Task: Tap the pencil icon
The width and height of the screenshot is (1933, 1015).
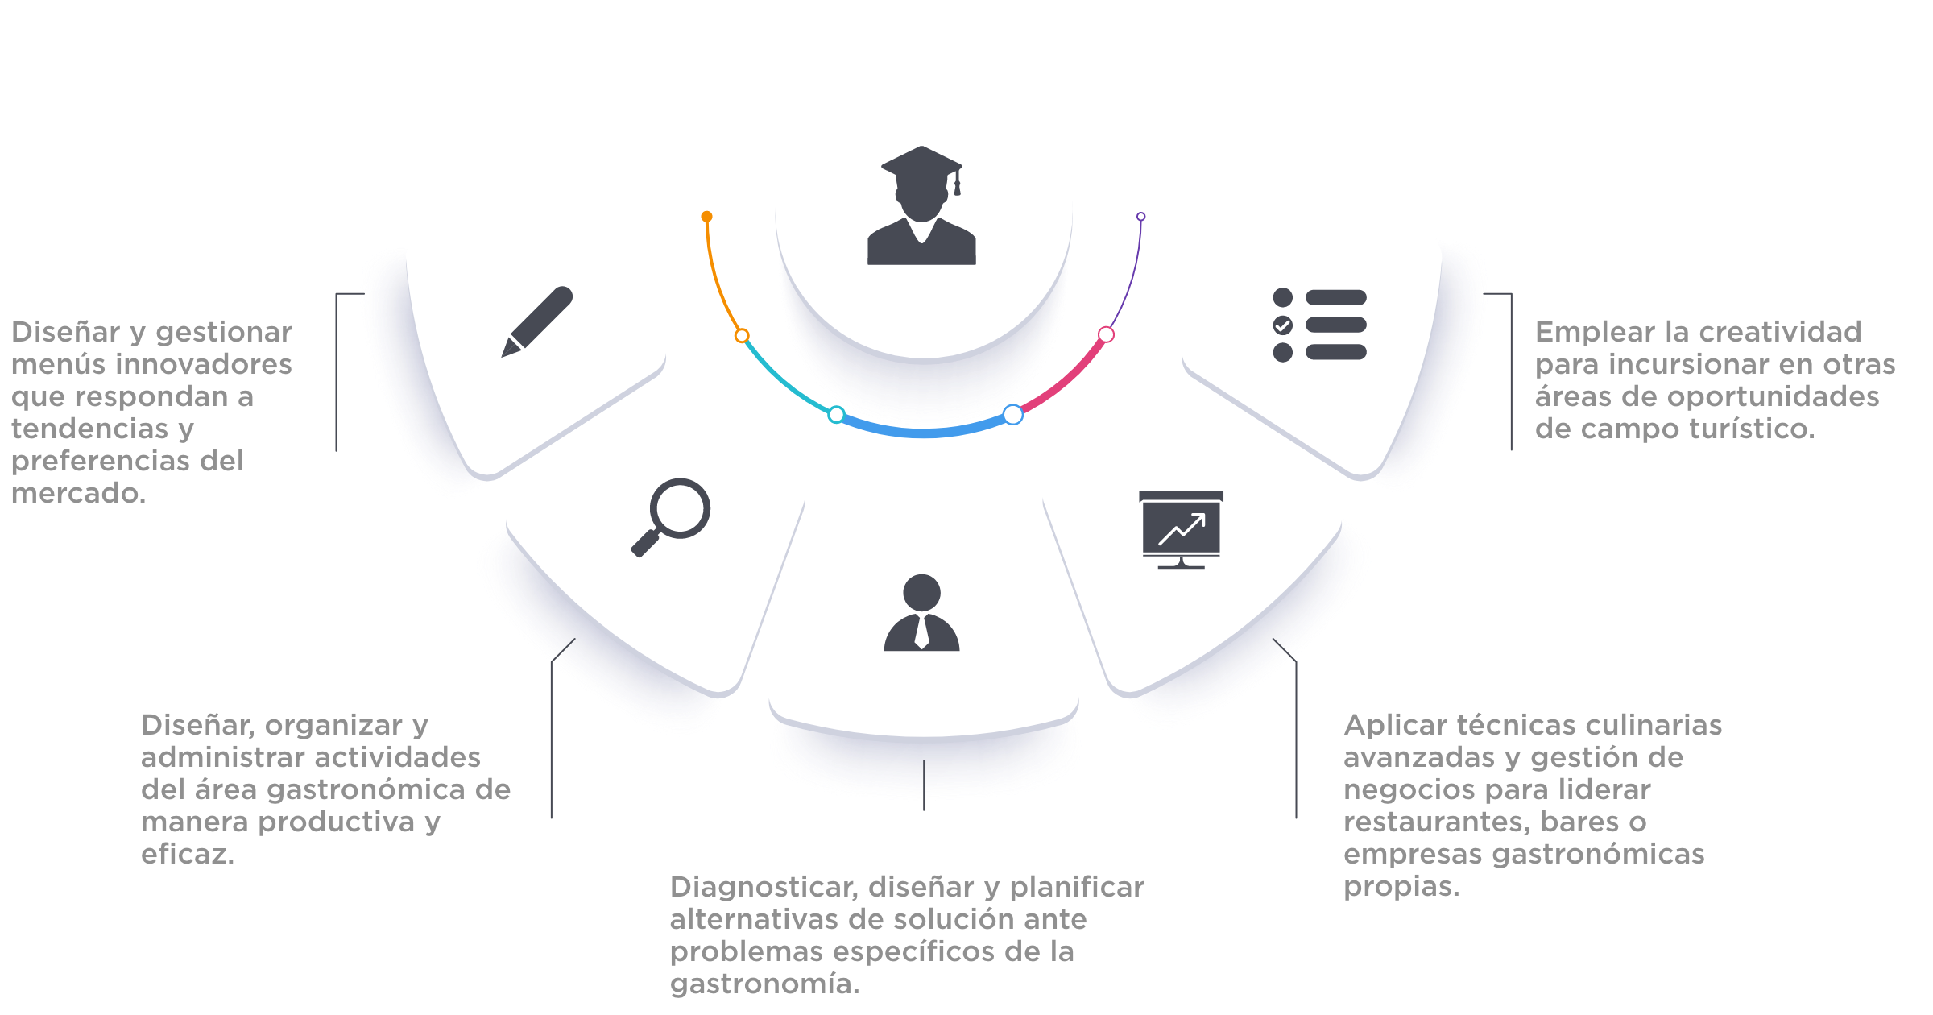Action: (x=536, y=321)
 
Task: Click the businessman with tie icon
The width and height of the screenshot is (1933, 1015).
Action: (x=922, y=613)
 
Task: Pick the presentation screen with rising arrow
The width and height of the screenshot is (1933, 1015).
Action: (x=1181, y=529)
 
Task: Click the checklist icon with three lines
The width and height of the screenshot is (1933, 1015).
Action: (x=1320, y=325)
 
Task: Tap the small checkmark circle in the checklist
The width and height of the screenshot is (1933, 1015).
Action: (x=1283, y=325)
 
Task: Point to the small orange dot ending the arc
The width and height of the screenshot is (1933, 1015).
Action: (x=706, y=216)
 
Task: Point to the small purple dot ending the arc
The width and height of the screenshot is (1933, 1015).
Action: (x=1140, y=217)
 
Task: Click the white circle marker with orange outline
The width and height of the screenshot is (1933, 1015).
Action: (x=742, y=335)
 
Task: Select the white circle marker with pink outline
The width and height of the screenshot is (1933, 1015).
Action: (x=1107, y=334)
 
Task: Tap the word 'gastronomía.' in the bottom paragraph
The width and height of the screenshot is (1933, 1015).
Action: (x=764, y=984)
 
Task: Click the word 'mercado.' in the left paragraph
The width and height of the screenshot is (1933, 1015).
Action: (x=78, y=493)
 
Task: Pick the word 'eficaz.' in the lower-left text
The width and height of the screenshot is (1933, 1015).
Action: (x=187, y=854)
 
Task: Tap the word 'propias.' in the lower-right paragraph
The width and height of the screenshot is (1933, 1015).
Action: (x=1401, y=886)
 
